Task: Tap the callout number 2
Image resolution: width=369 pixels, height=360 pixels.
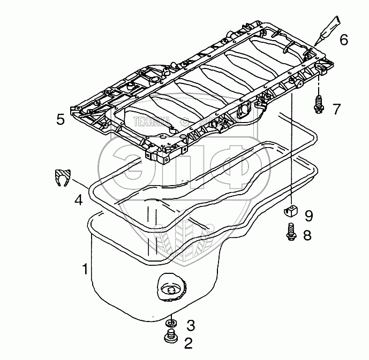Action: (x=189, y=343)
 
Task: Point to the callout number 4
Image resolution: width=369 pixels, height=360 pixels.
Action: (x=78, y=201)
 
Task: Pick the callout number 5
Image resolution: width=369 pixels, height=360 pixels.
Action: (x=61, y=119)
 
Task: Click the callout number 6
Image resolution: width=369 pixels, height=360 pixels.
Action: (x=343, y=39)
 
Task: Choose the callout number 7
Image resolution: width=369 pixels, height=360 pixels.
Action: (x=336, y=109)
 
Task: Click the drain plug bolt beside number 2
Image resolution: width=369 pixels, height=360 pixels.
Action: (x=170, y=339)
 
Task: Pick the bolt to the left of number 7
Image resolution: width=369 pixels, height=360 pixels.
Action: (x=319, y=105)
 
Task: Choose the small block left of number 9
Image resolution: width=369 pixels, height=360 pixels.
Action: (x=290, y=210)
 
